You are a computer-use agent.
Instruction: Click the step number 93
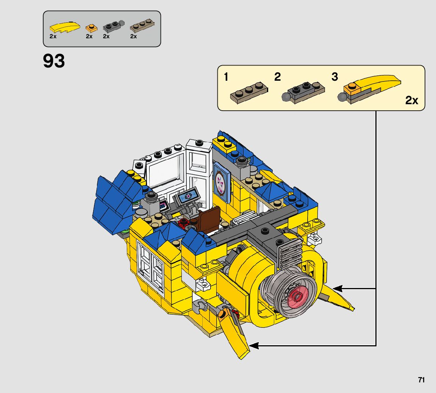tap(54, 61)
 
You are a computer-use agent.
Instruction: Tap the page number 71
tap(421, 380)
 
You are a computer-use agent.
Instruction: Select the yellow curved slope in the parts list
tap(65, 27)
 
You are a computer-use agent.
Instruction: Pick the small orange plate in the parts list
tap(92, 28)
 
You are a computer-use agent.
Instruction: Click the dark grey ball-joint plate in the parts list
tap(114, 26)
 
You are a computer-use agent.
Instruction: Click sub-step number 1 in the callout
tap(226, 77)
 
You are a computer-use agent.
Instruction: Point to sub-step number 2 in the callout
tap(278, 77)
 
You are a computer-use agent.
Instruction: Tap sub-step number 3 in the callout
tap(335, 77)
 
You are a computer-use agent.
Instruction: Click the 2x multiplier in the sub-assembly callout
tap(411, 100)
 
